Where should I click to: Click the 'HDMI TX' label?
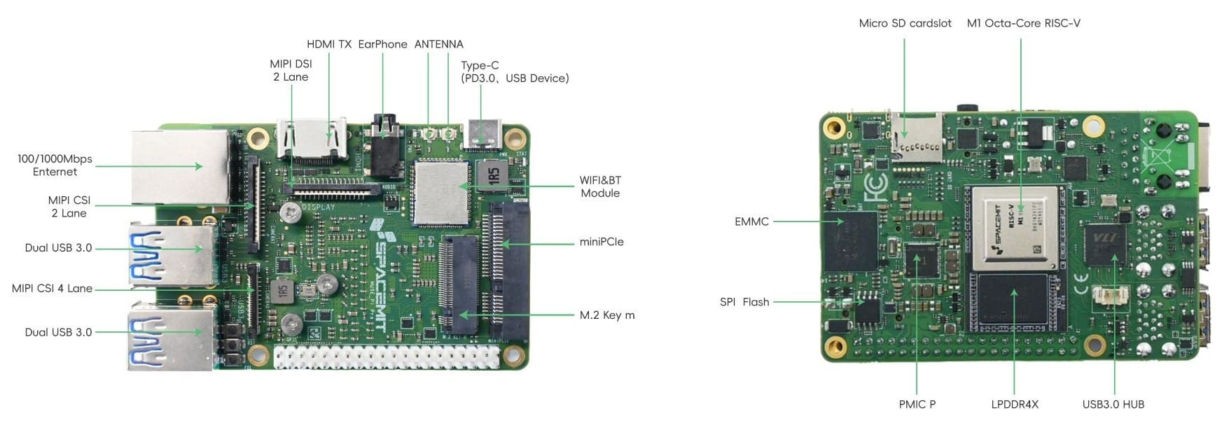coord(329,44)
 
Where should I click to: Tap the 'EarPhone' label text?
coord(382,44)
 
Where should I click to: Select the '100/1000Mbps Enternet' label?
coord(55,165)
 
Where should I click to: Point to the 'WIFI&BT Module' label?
coord(600,186)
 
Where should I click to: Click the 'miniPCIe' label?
coord(602,242)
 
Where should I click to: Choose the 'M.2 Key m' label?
coord(607,315)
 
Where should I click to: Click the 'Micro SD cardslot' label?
coord(905,23)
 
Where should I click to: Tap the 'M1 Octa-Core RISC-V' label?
coord(1023,23)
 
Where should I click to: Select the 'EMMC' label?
coord(751,221)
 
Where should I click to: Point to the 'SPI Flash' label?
coord(744,302)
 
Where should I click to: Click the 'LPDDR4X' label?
coord(1015,404)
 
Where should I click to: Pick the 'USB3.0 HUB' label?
coord(1113,404)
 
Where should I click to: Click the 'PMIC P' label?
coord(917,404)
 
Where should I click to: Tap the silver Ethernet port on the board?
coord(180,167)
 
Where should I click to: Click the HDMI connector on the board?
coord(313,140)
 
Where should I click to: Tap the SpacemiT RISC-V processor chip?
coord(1014,228)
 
